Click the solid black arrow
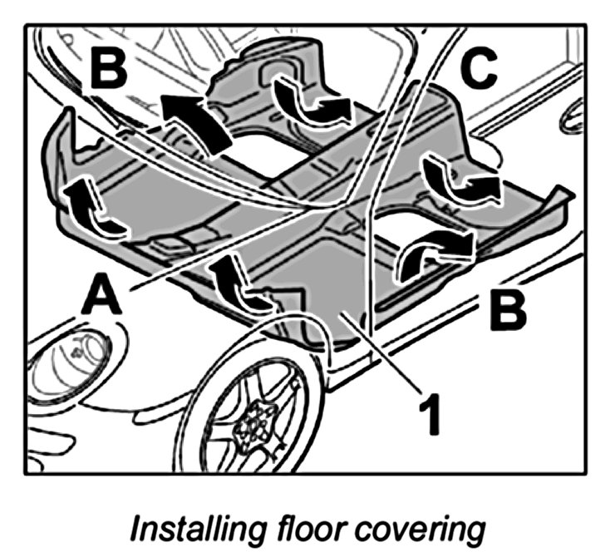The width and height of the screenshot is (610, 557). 196,119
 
